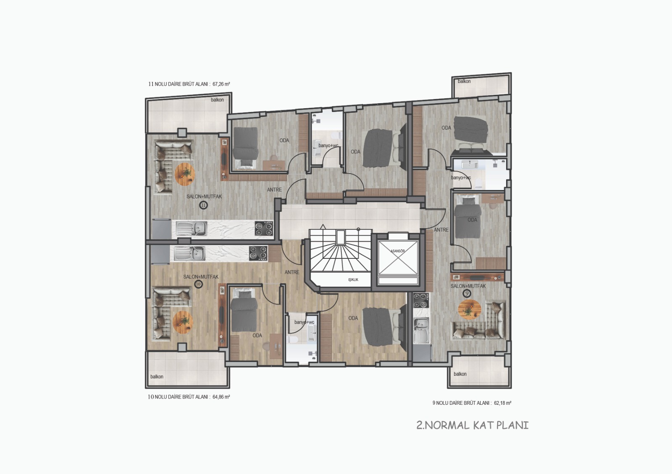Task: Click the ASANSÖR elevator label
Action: pos(397,251)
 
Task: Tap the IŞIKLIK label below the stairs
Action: pos(353,279)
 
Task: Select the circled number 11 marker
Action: pos(204,205)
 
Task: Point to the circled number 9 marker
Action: pos(467,293)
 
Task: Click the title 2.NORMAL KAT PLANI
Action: pos(472,425)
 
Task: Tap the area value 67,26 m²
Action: pos(221,84)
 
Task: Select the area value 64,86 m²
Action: pos(221,397)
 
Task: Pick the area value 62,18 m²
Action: pos(502,403)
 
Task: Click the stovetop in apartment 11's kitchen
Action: pos(264,228)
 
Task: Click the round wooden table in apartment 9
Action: pos(469,310)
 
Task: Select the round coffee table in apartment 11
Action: pos(185,174)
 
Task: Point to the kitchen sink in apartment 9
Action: pos(422,330)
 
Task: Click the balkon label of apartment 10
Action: pos(157,377)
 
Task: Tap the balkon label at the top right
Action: pos(464,81)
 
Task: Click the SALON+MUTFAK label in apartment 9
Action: pos(468,286)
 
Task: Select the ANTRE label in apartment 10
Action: pos(292,272)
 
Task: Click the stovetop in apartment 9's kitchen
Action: pos(421,300)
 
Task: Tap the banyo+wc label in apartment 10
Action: pos(304,322)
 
